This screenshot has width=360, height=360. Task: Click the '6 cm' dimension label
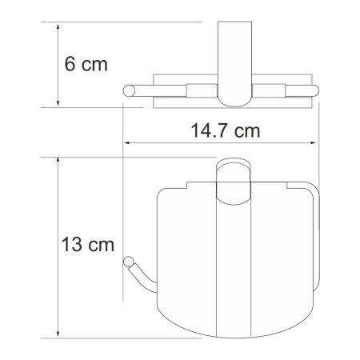(86, 63)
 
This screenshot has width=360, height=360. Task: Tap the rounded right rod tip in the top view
(314, 90)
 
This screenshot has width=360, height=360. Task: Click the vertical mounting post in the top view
(235, 56)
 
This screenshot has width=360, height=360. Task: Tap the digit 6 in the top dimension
(70, 63)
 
